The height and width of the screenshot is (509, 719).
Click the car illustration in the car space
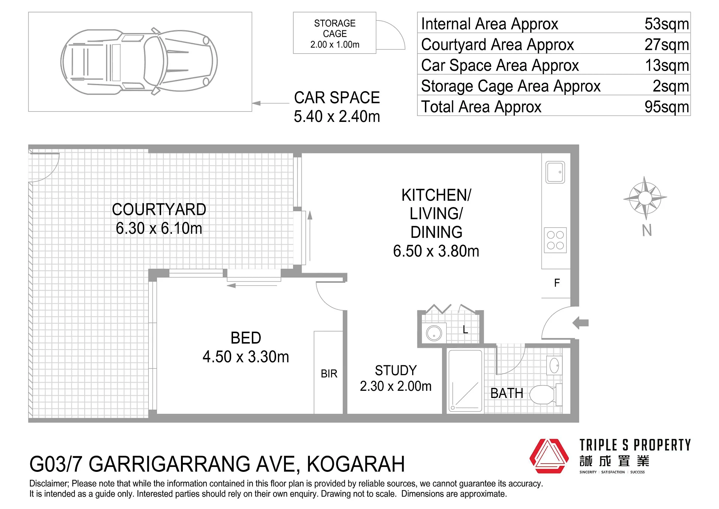(139, 62)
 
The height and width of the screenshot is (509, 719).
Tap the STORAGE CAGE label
(335, 29)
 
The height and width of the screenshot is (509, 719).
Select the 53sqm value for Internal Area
(667, 24)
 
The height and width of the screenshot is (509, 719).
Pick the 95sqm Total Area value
(667, 107)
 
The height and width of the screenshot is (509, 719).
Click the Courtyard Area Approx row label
(497, 45)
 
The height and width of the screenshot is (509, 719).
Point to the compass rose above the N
(645, 198)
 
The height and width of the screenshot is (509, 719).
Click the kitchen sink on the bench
(555, 172)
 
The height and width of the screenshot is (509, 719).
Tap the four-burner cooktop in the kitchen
(555, 240)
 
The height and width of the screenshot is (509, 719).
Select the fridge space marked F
(557, 283)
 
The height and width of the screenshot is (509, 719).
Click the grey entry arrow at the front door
(581, 323)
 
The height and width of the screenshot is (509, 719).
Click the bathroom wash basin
(554, 365)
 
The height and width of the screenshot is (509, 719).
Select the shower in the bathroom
(465, 381)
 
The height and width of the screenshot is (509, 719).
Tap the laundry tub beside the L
(434, 332)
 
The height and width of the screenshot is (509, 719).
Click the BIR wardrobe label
(329, 374)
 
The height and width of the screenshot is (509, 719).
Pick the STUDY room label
(396, 371)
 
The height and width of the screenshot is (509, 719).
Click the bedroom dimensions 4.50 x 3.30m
(246, 357)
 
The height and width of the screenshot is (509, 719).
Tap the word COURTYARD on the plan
(159, 209)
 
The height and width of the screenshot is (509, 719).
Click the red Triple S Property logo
(549, 456)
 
